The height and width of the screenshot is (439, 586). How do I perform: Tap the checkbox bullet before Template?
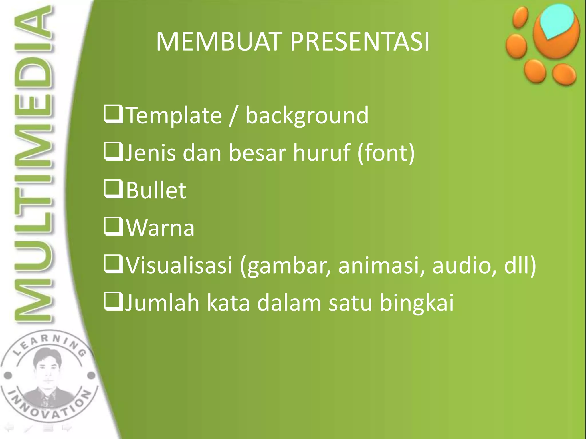[x=113, y=115]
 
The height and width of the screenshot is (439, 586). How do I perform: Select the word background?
[x=307, y=116]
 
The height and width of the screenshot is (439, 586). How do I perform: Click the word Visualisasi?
[x=179, y=265]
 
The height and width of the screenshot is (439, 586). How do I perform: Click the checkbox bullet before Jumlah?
[x=113, y=302]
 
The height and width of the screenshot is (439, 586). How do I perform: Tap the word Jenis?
[x=151, y=153]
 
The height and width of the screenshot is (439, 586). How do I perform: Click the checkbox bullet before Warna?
[x=113, y=227]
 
